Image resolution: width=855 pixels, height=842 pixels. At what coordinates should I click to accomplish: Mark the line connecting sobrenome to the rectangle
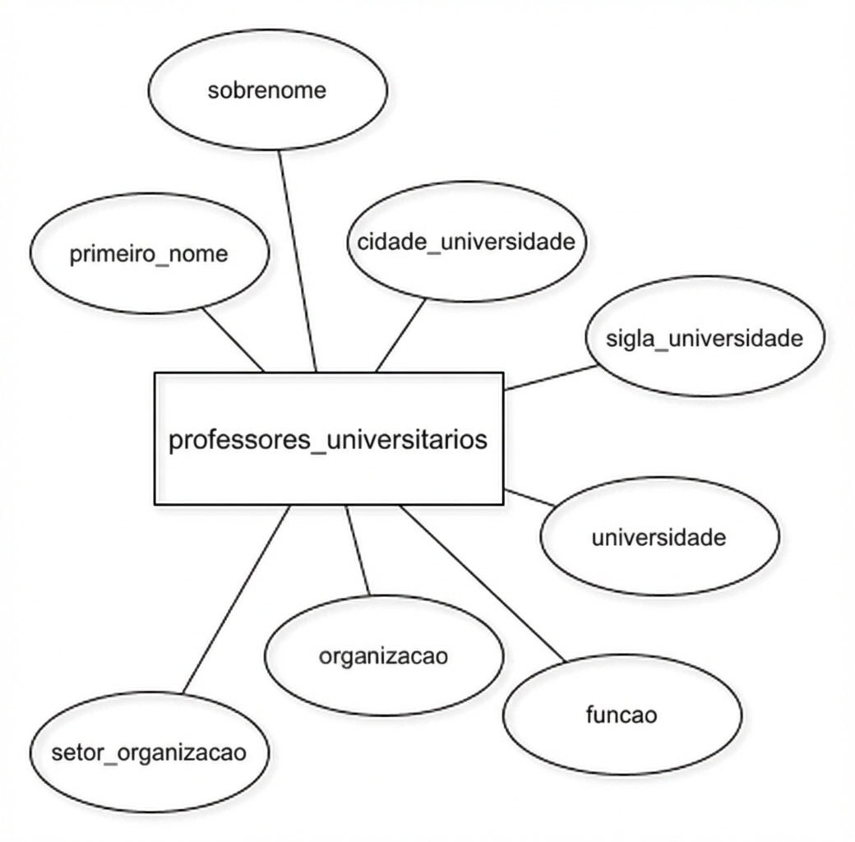pos(297,261)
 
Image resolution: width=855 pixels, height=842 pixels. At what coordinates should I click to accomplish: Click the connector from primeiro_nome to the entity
pos(233,340)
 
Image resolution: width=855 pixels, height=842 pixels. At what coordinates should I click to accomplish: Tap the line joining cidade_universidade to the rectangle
pos(401,335)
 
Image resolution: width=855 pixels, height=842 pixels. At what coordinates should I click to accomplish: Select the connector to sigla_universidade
pos(551,378)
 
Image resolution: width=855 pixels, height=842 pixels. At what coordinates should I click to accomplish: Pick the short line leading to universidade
pos(529,498)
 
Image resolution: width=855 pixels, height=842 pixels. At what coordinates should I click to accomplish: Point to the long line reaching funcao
pos(483,584)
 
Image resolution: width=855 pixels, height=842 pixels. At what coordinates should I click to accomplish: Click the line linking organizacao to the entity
pos(357,550)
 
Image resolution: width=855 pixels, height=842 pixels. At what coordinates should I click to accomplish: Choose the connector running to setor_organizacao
pos(236,599)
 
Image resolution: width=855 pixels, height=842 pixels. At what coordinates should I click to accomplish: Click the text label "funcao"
pos(622,715)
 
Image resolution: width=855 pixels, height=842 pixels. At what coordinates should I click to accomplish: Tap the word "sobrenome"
pos(267,90)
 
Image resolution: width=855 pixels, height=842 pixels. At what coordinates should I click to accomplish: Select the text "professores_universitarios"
pos(328,440)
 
